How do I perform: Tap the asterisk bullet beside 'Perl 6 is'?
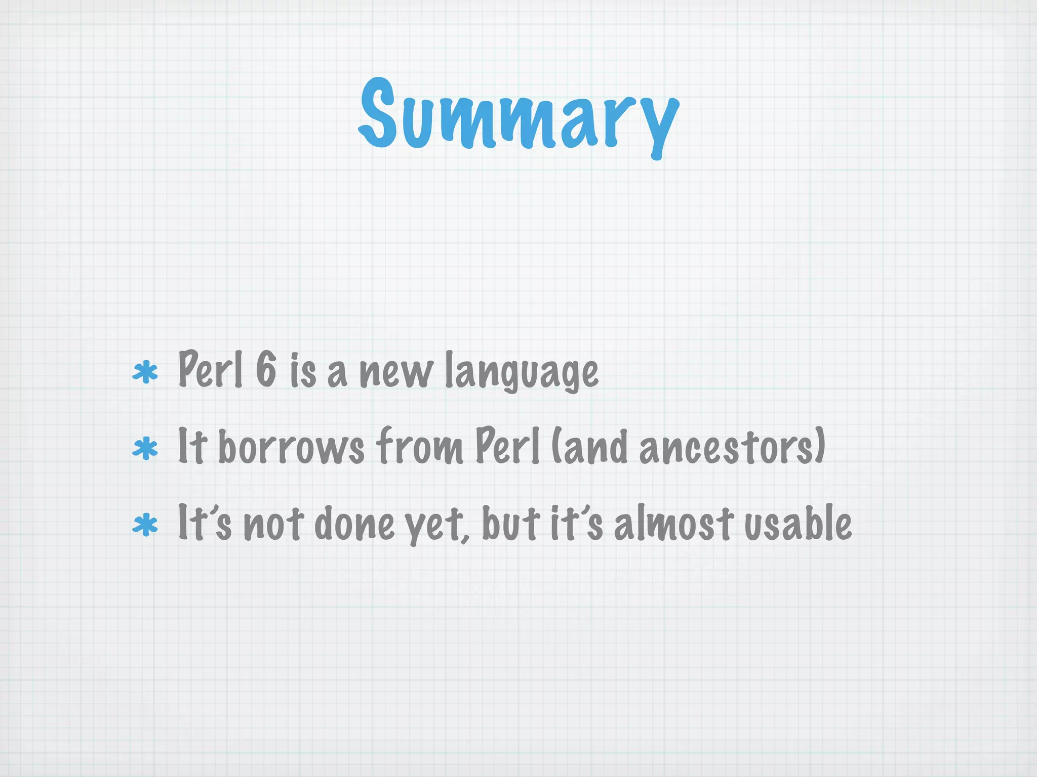tap(145, 373)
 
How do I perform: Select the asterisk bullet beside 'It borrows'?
tap(145, 448)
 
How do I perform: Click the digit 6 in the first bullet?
tap(266, 369)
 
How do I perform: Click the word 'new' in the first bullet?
tap(396, 373)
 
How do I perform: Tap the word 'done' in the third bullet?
tap(354, 524)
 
